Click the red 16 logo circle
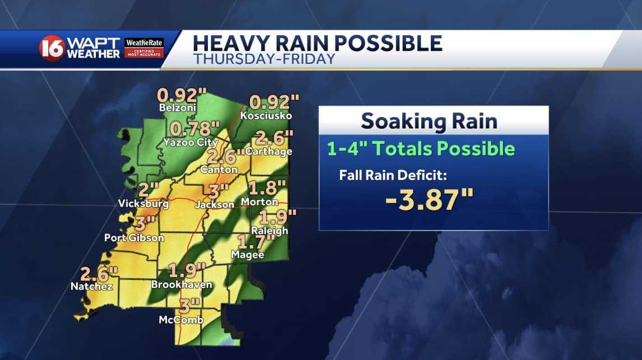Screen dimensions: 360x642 tap(52, 48)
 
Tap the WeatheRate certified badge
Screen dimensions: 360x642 tap(145, 48)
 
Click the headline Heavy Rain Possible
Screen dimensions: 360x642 tap(318, 43)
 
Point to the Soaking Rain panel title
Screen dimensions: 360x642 tap(429, 120)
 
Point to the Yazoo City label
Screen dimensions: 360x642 tap(190, 142)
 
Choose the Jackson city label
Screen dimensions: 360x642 tap(215, 205)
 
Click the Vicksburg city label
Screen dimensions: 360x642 tap(143, 204)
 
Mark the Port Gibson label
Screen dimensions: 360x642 tap(134, 238)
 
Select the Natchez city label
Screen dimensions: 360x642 tap(92, 287)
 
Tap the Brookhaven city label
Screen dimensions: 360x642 tap(182, 284)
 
